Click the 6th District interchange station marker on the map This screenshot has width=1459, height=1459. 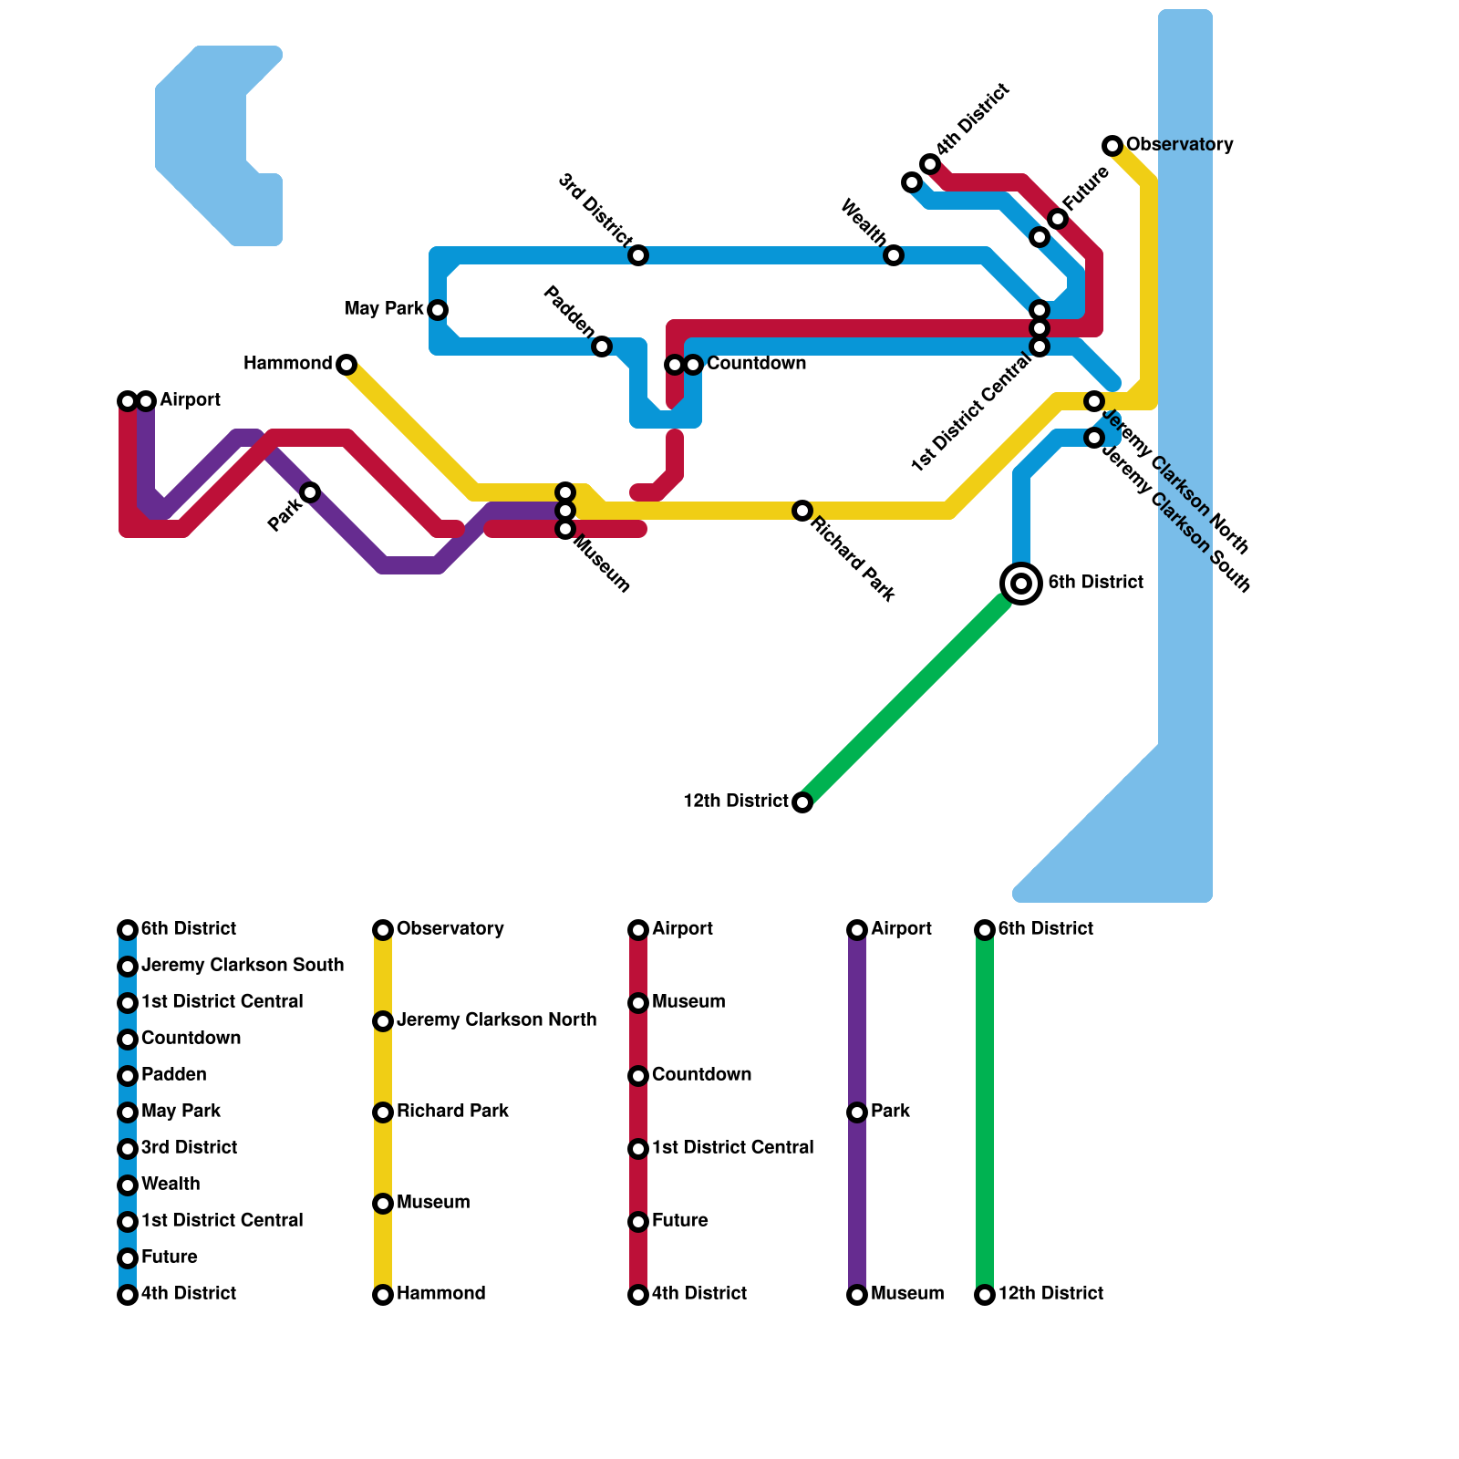(1021, 583)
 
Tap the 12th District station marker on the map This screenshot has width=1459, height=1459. (802, 802)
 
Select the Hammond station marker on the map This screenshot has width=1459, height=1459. (347, 365)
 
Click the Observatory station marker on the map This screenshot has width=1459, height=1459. (1112, 146)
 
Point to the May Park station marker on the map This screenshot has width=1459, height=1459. (438, 310)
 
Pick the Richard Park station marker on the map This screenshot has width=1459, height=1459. (802, 511)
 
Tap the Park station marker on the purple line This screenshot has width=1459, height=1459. (310, 492)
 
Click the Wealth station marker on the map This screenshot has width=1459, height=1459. (894, 255)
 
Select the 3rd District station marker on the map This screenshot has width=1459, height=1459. (638, 255)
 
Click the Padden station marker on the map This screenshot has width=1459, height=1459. (602, 347)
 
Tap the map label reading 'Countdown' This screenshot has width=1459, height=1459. (756, 364)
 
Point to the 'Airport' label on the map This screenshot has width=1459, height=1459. (190, 400)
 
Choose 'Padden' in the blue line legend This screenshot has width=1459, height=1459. (173, 1075)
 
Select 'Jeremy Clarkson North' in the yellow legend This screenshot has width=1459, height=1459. (496, 1020)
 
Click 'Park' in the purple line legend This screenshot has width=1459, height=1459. (890, 1112)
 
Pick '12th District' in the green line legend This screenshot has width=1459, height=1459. (1050, 1294)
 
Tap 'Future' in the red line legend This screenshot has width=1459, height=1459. (679, 1221)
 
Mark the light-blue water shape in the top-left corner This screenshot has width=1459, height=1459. (205, 137)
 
